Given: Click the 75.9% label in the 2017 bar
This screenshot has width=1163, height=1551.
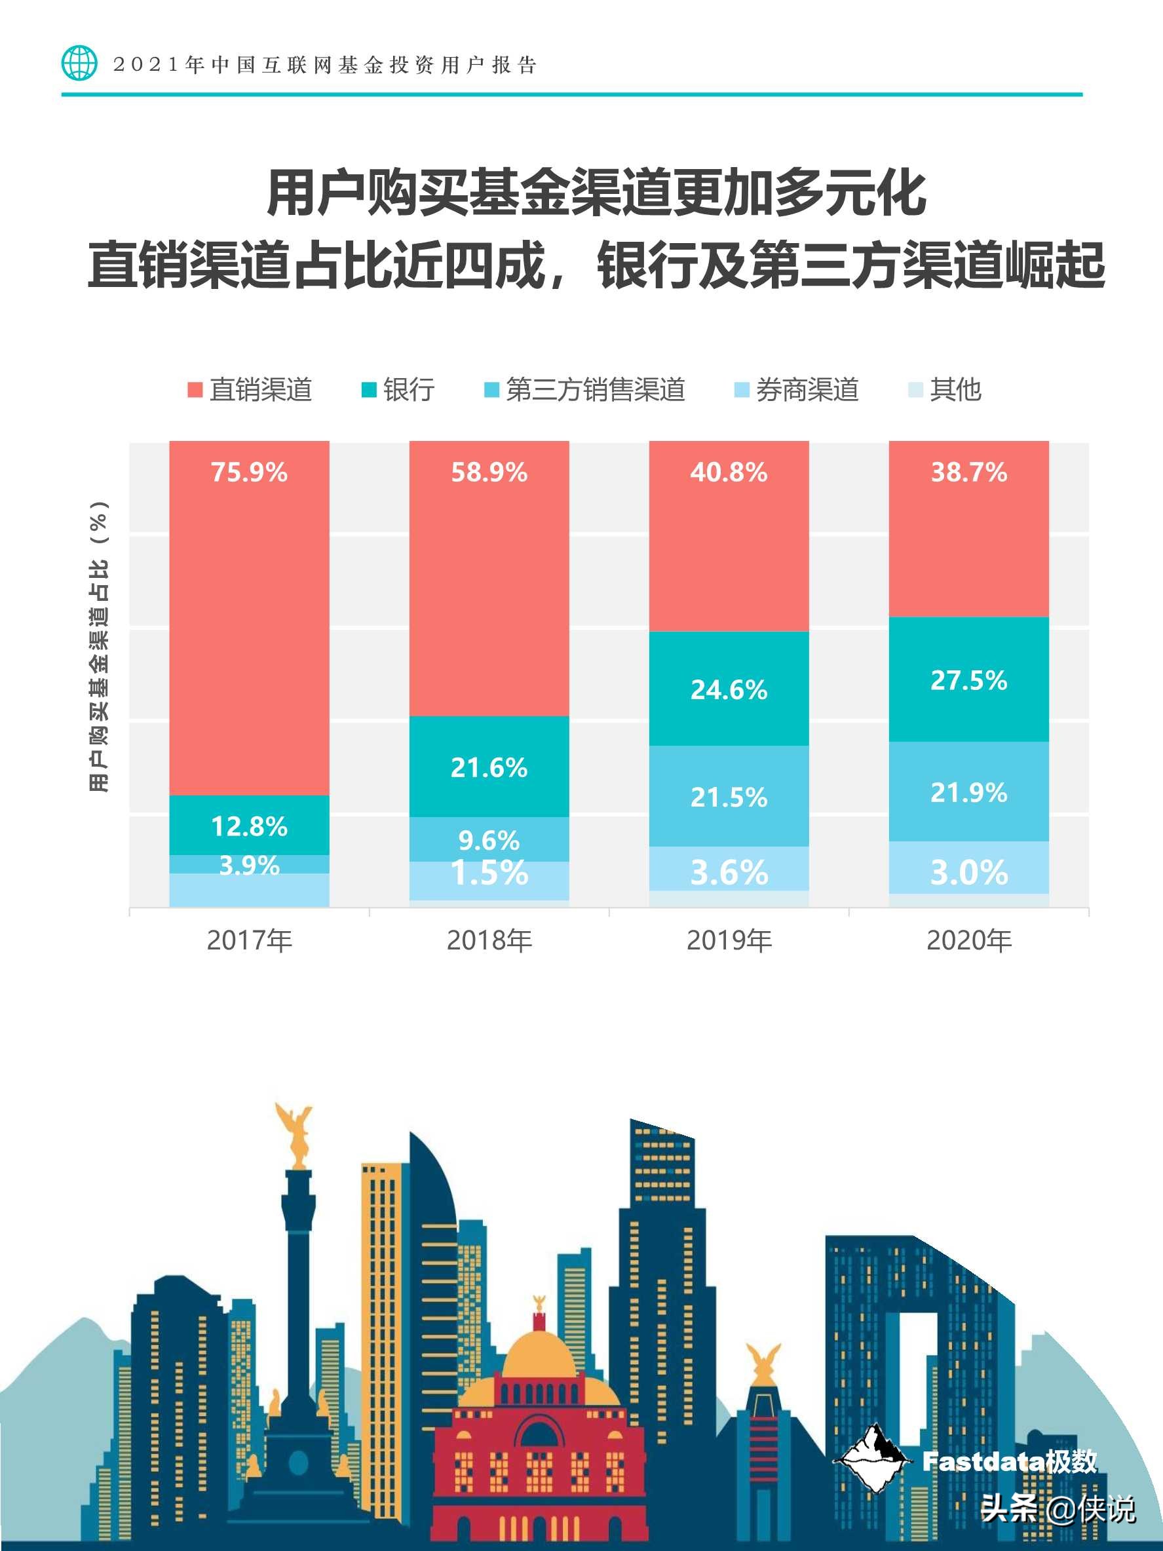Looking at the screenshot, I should click(x=249, y=472).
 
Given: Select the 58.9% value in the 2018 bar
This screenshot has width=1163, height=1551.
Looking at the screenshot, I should click(x=489, y=472).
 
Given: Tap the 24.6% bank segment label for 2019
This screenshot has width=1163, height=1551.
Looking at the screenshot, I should click(x=729, y=690).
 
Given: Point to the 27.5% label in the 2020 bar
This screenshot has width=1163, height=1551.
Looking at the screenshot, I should click(x=968, y=680).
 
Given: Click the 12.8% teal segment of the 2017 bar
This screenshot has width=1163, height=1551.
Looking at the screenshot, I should click(x=249, y=826).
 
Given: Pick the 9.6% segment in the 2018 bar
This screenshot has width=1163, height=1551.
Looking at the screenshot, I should click(x=489, y=839).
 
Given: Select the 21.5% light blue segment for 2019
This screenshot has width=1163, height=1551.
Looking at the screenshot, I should click(x=729, y=797).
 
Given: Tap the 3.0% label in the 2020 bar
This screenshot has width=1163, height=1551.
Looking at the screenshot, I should click(x=968, y=873).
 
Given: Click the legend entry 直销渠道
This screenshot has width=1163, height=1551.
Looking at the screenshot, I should click(x=250, y=390).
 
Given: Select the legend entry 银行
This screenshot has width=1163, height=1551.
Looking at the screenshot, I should click(x=398, y=390).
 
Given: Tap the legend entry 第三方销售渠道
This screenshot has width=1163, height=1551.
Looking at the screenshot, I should click(x=584, y=390).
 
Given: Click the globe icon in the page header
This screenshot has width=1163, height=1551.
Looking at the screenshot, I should click(x=79, y=64).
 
